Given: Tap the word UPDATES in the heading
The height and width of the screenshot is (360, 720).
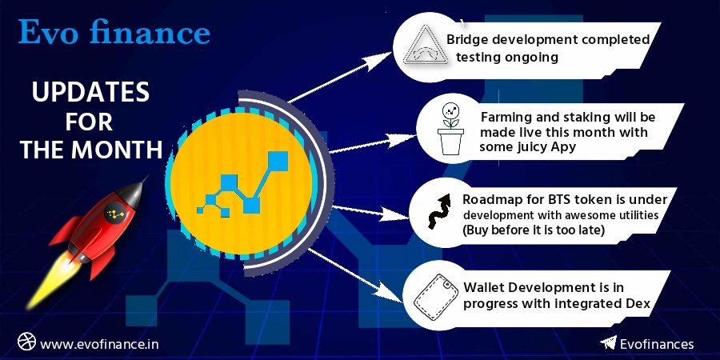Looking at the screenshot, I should (90, 94).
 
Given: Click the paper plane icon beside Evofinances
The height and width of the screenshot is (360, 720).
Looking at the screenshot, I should (608, 343).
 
